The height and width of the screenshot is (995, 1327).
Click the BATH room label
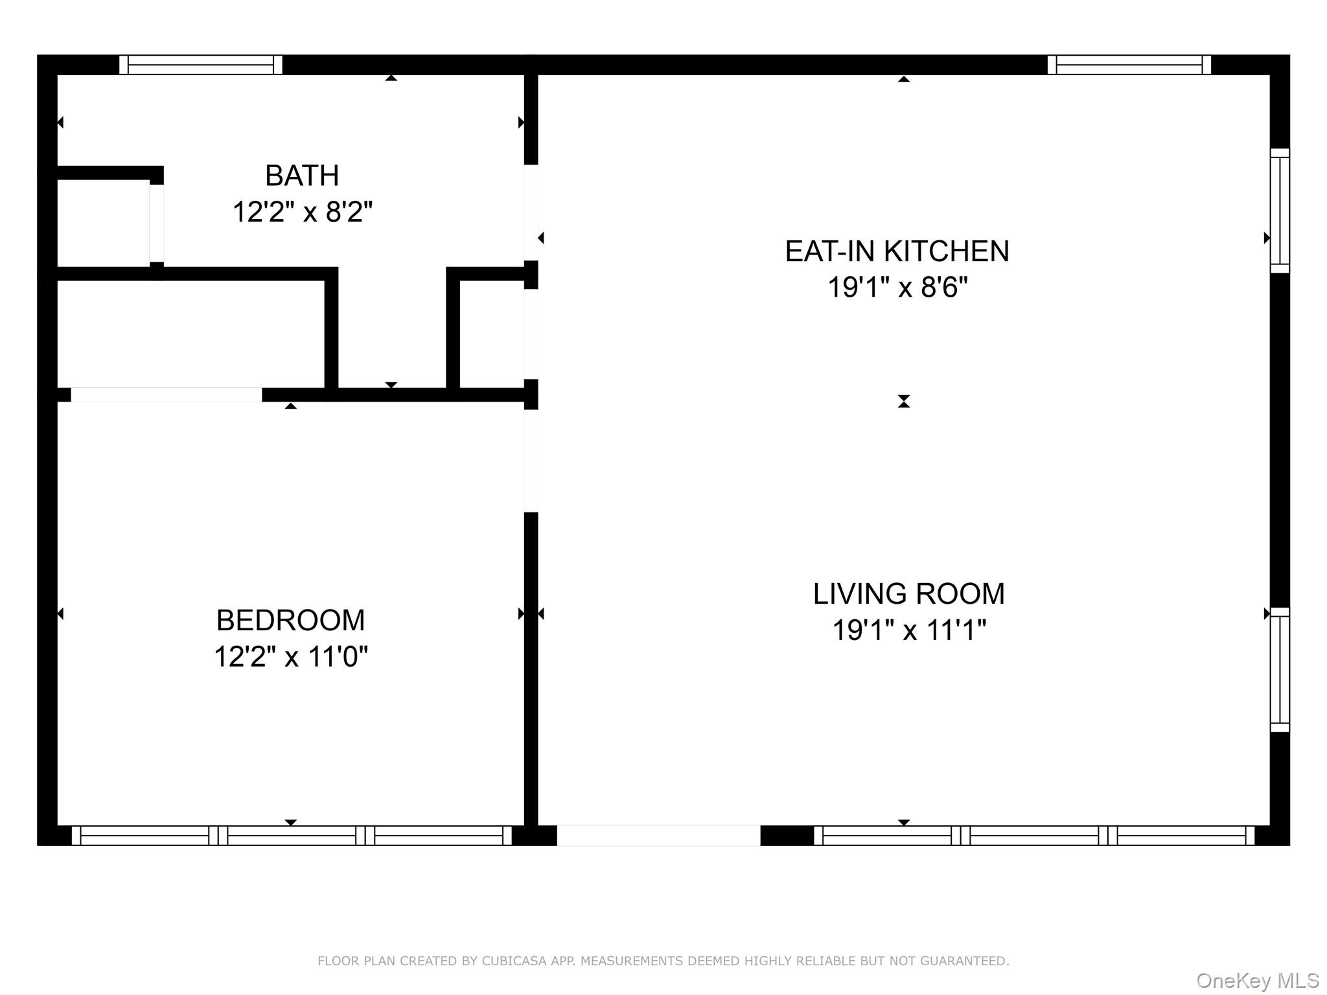coord(302,176)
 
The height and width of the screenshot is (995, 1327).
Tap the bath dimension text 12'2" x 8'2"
coord(303,212)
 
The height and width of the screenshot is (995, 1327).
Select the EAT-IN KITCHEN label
coord(897,251)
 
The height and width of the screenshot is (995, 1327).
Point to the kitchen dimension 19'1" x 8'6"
coord(897,287)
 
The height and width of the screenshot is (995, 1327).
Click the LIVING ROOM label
coord(909,594)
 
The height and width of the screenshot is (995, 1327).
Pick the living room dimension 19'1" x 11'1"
coord(909,630)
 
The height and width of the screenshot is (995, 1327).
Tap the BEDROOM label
coord(290,621)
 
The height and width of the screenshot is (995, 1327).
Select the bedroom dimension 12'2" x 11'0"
coord(291,656)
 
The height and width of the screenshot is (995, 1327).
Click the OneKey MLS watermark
coord(1258,981)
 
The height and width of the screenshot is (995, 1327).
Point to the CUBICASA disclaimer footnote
coord(663,961)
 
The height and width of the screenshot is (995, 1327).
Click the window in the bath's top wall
coord(201,65)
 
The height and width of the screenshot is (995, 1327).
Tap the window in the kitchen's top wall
coord(1129,65)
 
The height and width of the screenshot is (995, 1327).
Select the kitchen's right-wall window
coord(1280,211)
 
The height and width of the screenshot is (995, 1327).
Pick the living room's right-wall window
coord(1280,670)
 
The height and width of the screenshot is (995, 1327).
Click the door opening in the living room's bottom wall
coord(658,836)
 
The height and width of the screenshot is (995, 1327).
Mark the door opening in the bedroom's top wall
coord(167,395)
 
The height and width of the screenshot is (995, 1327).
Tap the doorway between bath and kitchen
coord(531,212)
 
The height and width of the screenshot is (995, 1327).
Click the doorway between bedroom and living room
coord(531,461)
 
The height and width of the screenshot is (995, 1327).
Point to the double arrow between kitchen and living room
coord(904,402)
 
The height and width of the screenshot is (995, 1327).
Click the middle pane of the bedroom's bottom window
coord(292,836)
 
